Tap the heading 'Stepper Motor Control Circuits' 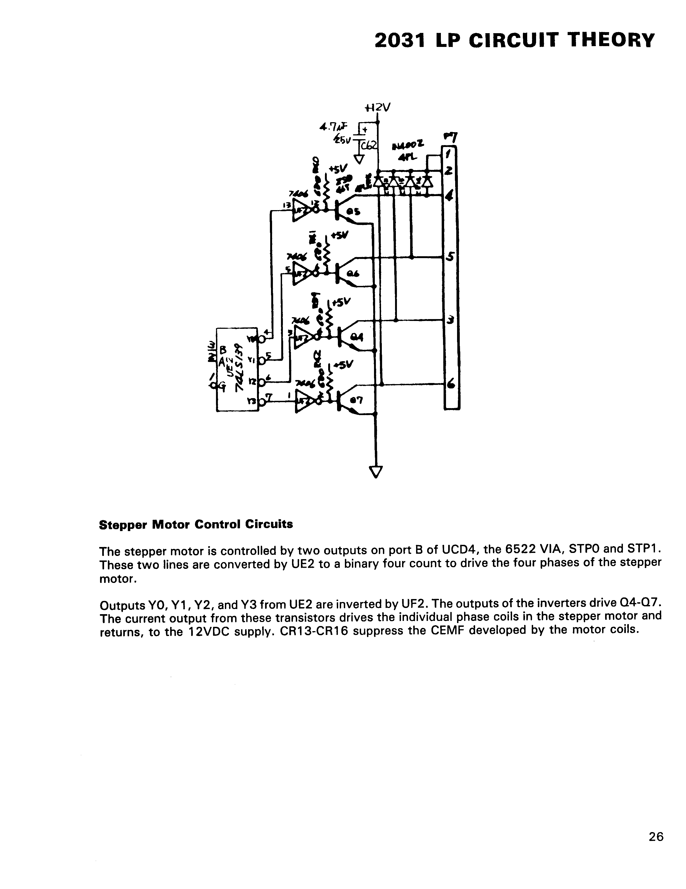pyautogui.click(x=196, y=524)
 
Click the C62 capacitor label pyautogui.click(x=372, y=145)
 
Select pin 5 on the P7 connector pyautogui.click(x=450, y=257)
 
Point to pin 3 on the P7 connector pyautogui.click(x=450, y=320)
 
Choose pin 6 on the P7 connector pyautogui.click(x=450, y=384)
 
